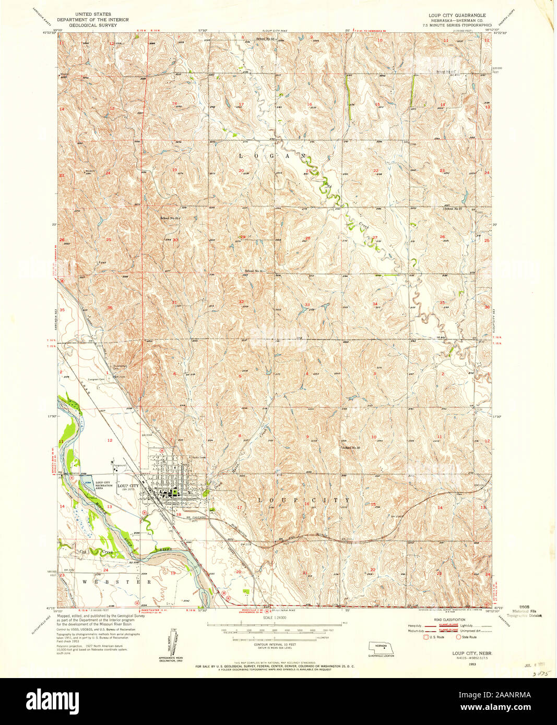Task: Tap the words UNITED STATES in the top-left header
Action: pos(93,15)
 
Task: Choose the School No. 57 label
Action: pos(453,209)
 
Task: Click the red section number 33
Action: pos(307,305)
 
